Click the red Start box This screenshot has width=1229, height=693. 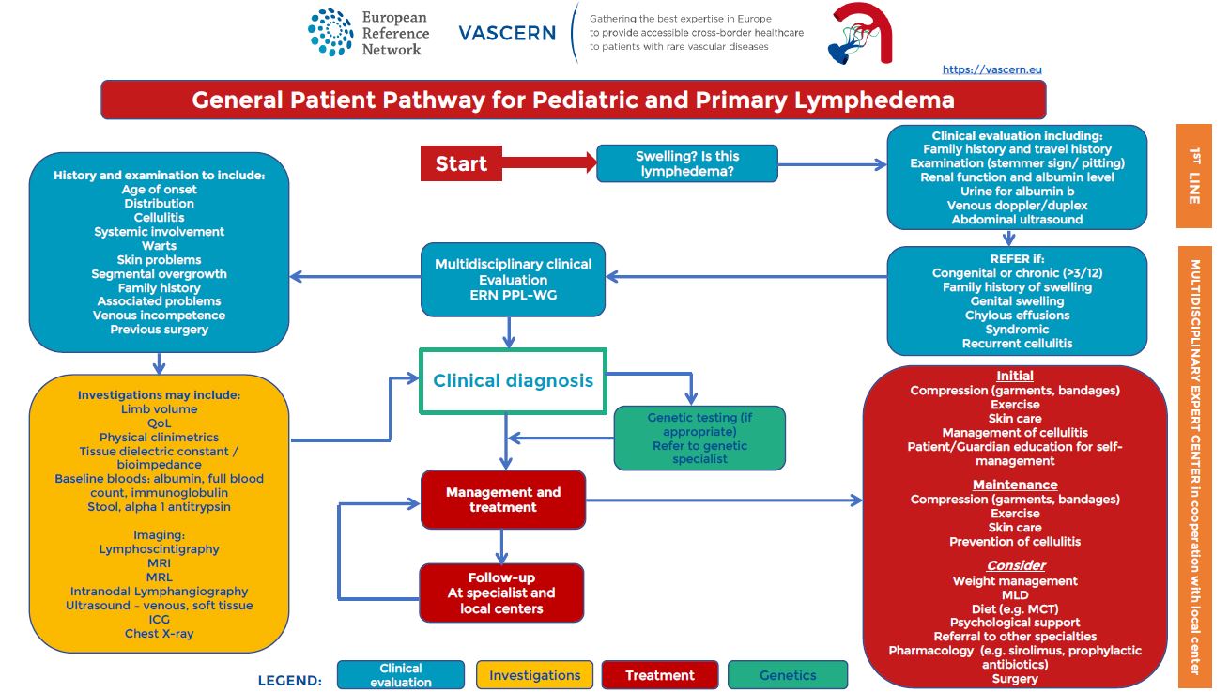(461, 163)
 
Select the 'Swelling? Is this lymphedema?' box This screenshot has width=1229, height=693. (687, 163)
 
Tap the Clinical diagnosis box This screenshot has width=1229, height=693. (513, 380)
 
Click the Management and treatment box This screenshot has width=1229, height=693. (503, 500)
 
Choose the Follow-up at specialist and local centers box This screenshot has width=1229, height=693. (501, 593)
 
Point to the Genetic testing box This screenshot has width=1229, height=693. (699, 438)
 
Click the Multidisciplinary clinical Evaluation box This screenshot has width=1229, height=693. (513, 279)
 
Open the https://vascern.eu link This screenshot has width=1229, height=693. (991, 69)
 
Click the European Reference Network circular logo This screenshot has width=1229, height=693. (330, 33)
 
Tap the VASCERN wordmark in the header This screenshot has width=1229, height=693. (507, 33)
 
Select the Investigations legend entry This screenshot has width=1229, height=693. (534, 675)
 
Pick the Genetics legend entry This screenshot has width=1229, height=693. (787, 675)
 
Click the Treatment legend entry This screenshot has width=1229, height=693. (659, 675)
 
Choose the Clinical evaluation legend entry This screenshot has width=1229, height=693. (401, 675)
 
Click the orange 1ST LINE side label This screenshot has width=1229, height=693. (1194, 177)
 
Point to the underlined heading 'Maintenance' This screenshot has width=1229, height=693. (1014, 485)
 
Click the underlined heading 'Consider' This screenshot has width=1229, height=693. (1015, 565)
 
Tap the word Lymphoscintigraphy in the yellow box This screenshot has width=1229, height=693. (159, 549)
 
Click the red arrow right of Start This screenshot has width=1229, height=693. (549, 163)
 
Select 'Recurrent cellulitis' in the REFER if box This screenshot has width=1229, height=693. (1017, 344)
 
